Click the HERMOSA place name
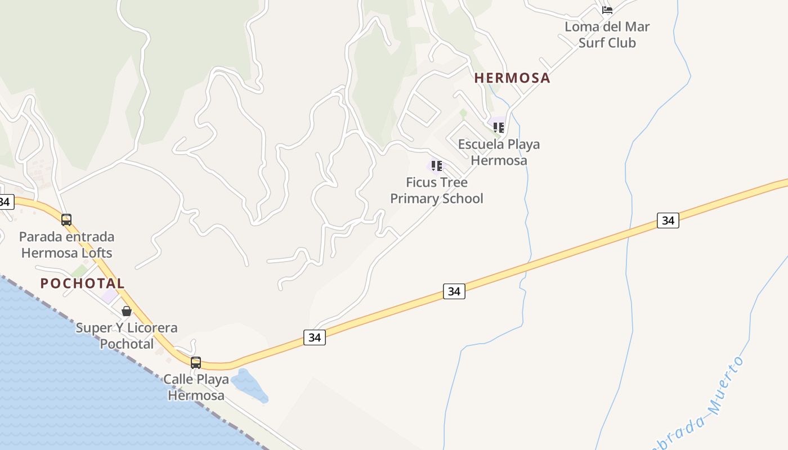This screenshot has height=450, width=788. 512,78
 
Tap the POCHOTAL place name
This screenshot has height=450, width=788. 82,283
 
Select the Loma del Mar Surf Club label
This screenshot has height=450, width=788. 607,35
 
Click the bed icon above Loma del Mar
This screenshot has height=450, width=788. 607,10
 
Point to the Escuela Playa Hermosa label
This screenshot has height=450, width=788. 499,152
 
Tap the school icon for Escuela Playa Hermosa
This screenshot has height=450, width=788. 498,127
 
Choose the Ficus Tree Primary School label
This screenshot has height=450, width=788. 437,191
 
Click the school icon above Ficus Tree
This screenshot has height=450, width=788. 436,165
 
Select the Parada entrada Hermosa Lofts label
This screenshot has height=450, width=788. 66,245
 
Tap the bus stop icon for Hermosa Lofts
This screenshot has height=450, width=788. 66,220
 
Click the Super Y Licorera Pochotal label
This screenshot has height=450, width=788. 127,335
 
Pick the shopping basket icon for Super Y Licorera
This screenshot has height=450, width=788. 127,311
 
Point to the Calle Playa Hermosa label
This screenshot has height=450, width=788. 196,387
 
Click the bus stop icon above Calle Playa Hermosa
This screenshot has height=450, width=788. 196,363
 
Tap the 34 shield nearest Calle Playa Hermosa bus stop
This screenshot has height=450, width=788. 315,337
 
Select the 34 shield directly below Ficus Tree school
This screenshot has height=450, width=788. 454,291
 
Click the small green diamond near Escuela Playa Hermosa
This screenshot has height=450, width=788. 463,113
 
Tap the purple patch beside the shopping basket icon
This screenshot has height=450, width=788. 109,295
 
